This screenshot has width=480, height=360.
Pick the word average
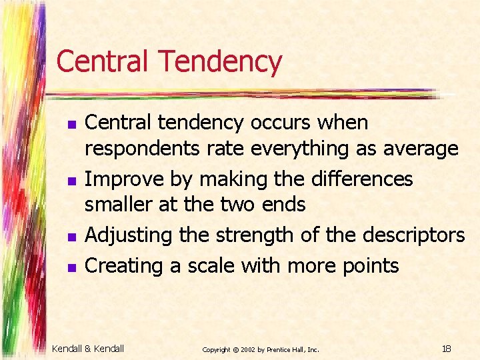point(420,149)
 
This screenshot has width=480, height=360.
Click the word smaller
point(119,205)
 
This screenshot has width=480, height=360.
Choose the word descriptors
point(409,235)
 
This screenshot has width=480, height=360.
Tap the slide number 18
point(446,348)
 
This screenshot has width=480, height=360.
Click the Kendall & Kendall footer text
point(88,348)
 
